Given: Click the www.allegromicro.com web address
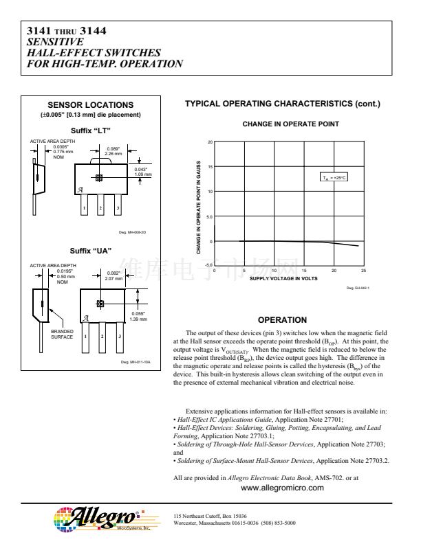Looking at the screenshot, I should [282, 488].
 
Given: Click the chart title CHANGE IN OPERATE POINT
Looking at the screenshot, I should [281, 124].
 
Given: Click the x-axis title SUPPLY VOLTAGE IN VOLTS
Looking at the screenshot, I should [283, 278].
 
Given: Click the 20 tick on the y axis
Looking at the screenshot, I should [210, 142].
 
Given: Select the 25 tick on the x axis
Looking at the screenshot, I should [363, 271].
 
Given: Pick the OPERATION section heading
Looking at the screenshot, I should [281, 319].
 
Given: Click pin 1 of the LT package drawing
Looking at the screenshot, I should [84, 206].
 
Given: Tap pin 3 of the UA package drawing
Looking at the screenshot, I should [118, 336].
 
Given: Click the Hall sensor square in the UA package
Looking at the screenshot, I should [101, 303].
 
